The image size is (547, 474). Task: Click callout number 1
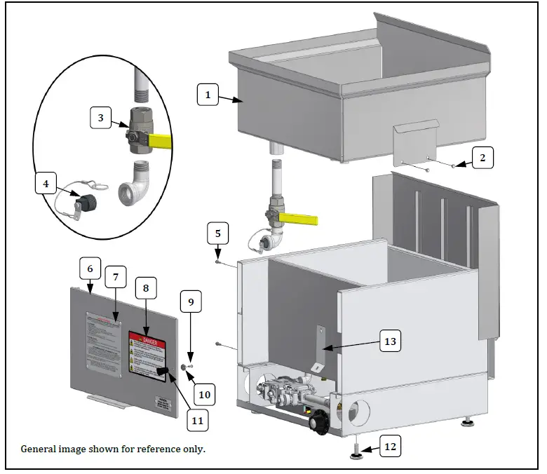(208, 94)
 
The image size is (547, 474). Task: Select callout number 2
(482, 158)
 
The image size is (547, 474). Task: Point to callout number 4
(46, 184)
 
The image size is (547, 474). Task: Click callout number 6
(90, 269)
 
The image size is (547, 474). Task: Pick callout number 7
(116, 277)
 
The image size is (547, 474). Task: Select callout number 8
(146, 288)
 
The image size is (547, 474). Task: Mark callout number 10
(204, 395)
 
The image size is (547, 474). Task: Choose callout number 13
(390, 341)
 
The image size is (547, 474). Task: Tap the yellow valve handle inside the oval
(159, 143)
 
